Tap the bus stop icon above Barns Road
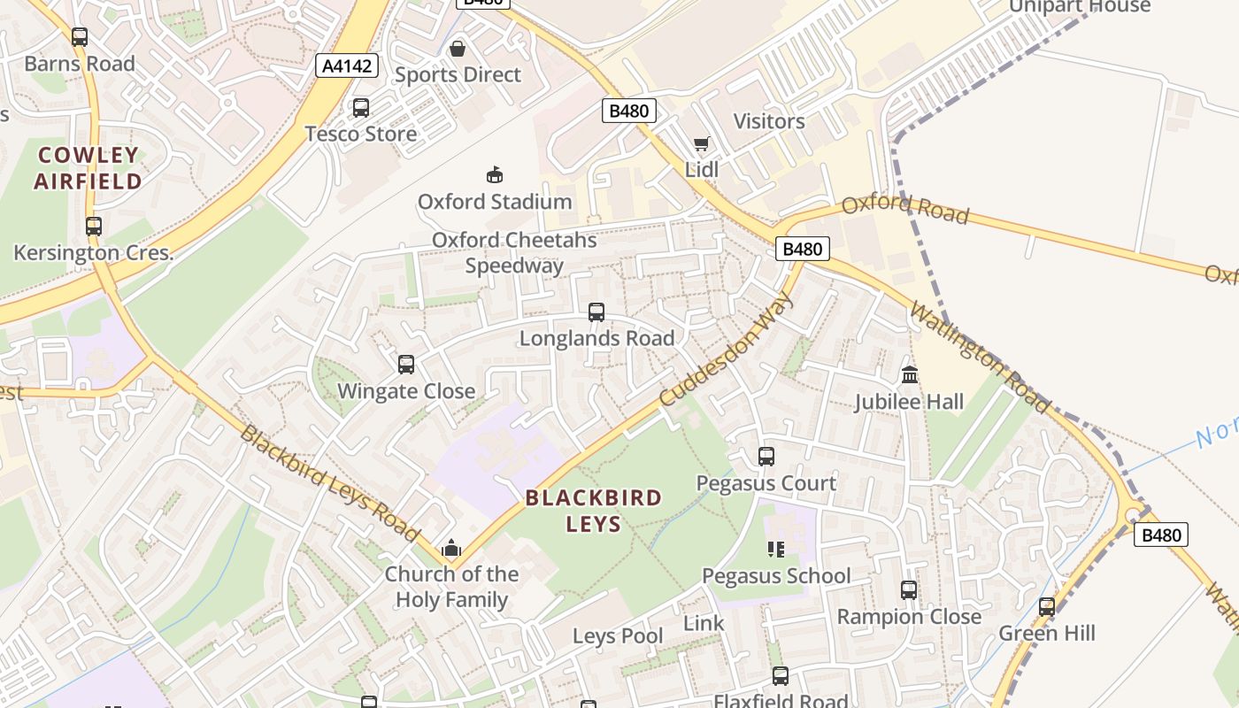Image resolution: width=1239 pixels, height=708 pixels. [80, 37]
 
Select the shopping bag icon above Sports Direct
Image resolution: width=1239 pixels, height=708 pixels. [458, 49]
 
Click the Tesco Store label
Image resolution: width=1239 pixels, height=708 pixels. [360, 134]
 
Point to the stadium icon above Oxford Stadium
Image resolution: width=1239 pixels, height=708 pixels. [495, 174]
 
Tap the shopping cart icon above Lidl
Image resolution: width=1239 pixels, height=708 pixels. [701, 143]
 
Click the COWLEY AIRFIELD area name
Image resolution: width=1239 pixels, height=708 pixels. [88, 168]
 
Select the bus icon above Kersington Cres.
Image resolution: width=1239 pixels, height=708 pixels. [94, 226]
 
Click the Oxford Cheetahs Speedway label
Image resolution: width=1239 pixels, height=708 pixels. [514, 252]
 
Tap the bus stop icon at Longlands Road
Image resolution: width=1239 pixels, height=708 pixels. [596, 312]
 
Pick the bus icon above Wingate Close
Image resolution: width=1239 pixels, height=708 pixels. [406, 364]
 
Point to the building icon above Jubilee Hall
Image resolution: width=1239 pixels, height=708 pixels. [910, 375]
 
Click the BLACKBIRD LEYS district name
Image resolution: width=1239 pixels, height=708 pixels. [594, 510]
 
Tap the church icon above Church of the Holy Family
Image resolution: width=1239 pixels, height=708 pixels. [451, 548]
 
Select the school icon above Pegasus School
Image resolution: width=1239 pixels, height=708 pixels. [776, 550]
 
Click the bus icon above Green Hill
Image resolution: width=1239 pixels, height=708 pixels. [1047, 607]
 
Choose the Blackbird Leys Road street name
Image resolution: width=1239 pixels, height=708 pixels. [330, 484]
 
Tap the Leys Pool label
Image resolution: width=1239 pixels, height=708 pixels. [618, 635]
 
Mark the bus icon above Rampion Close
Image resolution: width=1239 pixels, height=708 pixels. [909, 590]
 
